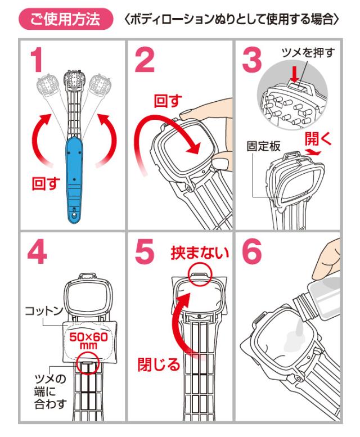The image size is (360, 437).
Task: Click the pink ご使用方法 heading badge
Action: point(66,19)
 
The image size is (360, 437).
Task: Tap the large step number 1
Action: point(37,60)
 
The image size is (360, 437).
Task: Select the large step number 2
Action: point(145,60)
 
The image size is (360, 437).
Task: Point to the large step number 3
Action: point(252,60)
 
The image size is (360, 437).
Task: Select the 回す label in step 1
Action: point(46,183)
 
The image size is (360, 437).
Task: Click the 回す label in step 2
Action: point(168,101)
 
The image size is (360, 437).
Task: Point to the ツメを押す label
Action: point(308,52)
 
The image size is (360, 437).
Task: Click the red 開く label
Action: point(318,138)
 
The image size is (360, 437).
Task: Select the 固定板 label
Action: point(263,146)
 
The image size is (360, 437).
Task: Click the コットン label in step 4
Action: point(44,310)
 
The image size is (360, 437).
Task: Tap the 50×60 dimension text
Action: point(88,337)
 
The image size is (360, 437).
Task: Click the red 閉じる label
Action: point(159,364)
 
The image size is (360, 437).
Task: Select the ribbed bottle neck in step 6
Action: point(304,308)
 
